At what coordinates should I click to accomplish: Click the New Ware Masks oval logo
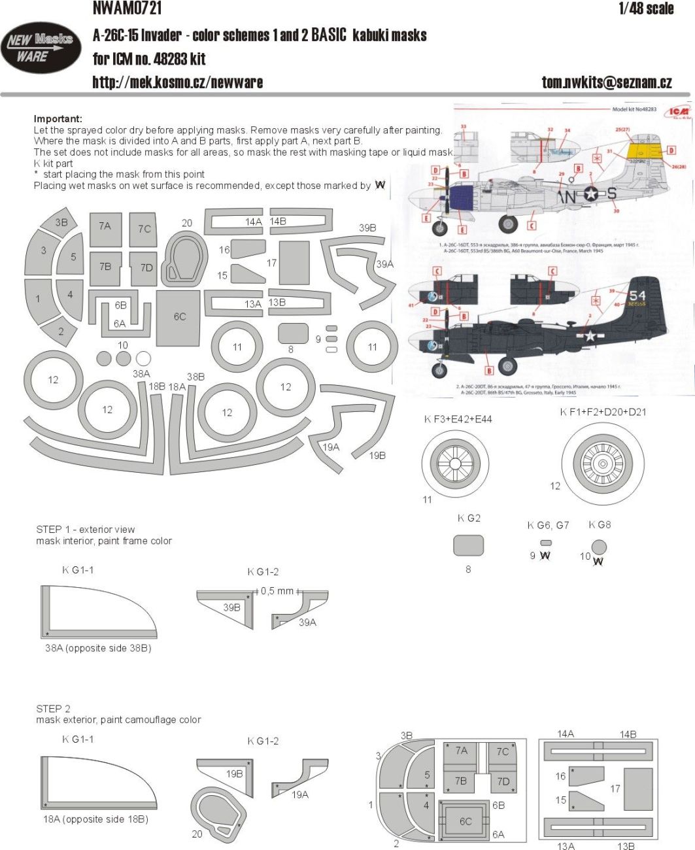point(40,48)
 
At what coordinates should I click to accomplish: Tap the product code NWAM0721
point(127,8)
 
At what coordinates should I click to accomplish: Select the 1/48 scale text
point(645,8)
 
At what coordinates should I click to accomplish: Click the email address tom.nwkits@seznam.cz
point(606,82)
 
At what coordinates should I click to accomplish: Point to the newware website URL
point(177,82)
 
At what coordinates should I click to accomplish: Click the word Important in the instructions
point(58,119)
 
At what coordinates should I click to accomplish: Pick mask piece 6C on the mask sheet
point(178,318)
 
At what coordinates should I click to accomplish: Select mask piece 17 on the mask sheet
point(294,263)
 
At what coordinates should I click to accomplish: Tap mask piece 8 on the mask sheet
point(293,333)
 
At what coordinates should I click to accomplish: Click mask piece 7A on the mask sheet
point(105,228)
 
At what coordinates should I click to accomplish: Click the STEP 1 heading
point(86,529)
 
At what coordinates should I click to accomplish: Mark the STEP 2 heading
point(54,709)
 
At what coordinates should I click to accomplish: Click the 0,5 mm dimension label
point(277,590)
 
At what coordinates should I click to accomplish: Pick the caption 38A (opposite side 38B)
point(98,648)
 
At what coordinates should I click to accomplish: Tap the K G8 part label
point(600,524)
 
